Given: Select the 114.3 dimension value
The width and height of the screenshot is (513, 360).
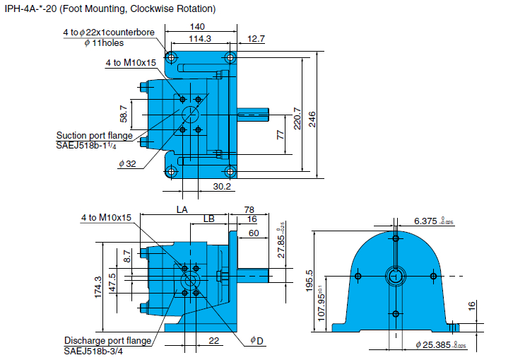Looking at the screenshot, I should (x=201, y=39).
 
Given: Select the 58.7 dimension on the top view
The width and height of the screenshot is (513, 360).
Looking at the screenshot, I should (x=124, y=113).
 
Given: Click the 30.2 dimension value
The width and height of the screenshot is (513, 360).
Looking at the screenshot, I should (x=223, y=186).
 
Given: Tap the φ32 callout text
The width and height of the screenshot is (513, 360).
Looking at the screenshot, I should (x=127, y=163).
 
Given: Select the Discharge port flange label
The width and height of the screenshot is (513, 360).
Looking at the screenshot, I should (x=108, y=340).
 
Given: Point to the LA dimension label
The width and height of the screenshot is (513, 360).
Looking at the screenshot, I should (x=182, y=209).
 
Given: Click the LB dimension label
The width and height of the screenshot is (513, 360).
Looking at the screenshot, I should (x=208, y=220).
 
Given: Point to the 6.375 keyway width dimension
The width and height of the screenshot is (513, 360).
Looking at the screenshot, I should (x=427, y=221).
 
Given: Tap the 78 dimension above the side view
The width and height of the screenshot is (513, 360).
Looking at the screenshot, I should (x=249, y=209).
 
